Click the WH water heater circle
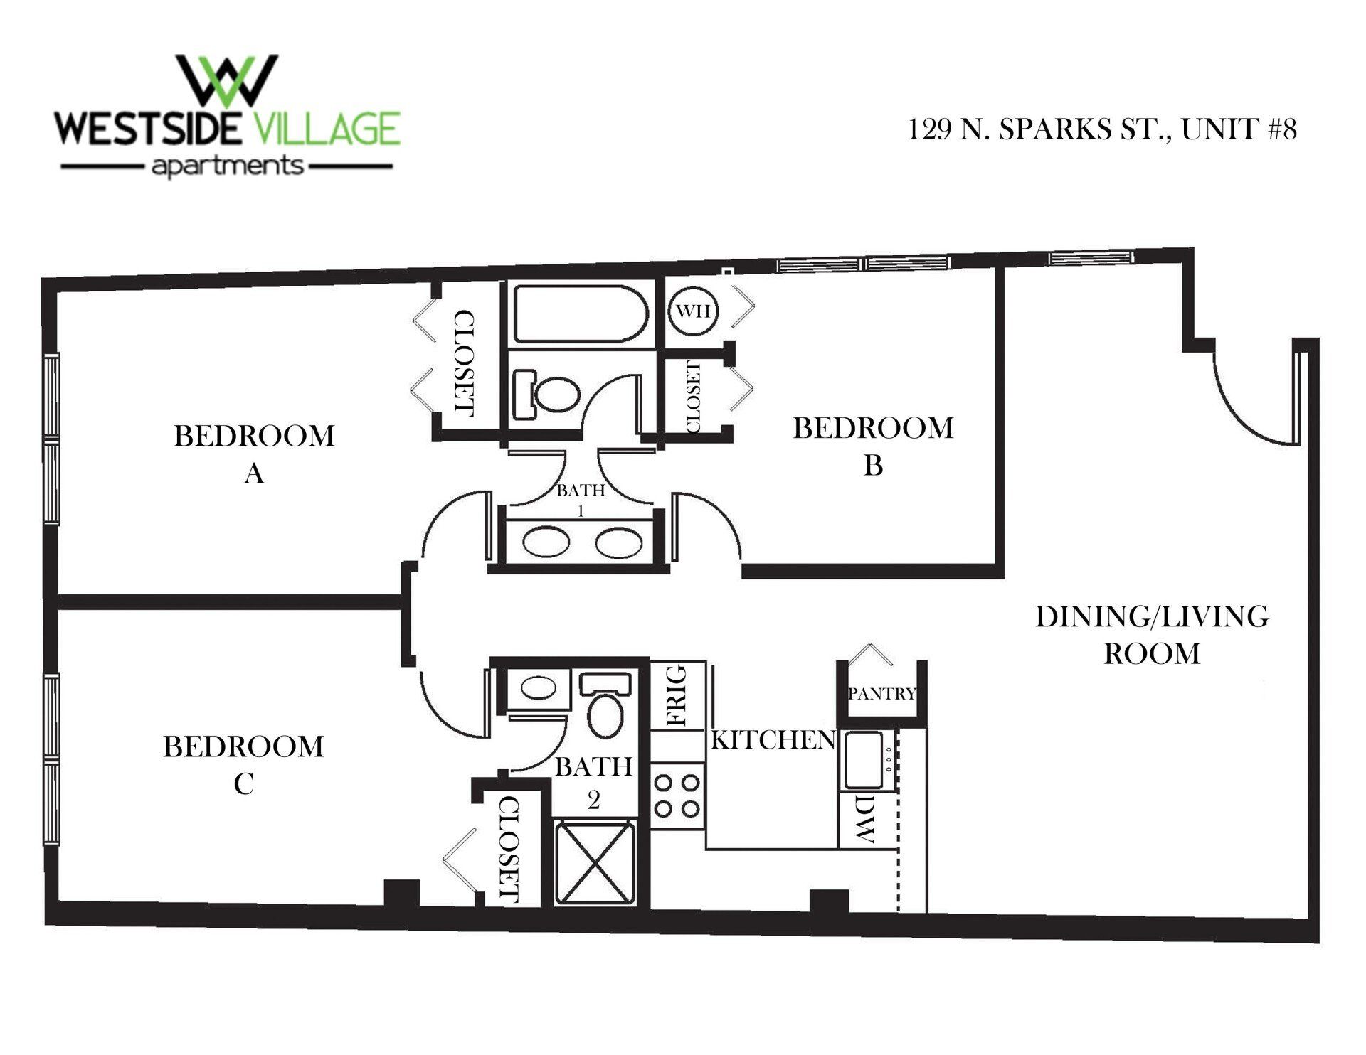693,311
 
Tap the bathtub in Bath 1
581,314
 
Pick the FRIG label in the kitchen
677,695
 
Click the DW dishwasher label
864,819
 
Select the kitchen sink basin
863,759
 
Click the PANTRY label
881,693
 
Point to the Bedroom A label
254,454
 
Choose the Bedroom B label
873,446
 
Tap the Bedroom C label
243,765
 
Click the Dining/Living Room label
1152,634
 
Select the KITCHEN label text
773,740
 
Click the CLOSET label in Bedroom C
510,849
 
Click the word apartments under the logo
228,167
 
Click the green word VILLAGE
327,129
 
